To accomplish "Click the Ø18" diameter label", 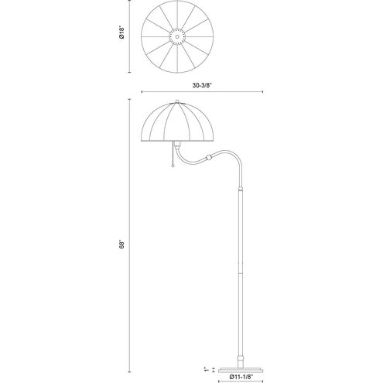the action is (x=121, y=32).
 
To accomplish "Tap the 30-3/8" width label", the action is (x=202, y=85).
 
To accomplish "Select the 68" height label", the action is (x=121, y=244).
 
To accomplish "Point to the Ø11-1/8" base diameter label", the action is (x=241, y=377).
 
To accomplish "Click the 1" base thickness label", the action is (x=206, y=369).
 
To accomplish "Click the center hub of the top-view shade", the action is (x=177, y=36).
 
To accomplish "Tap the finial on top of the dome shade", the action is (x=177, y=101).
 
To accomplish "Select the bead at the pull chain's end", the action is (x=173, y=166).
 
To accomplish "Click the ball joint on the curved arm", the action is (x=209, y=157).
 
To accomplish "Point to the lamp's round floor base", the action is (x=241, y=370).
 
